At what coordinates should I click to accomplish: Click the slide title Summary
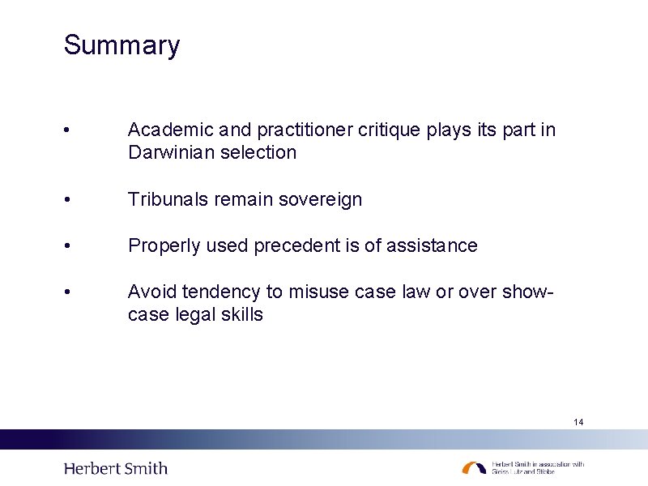[x=122, y=45]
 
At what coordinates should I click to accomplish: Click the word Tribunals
[x=168, y=199]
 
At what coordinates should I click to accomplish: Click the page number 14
[x=578, y=422]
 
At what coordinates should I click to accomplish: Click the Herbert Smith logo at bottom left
[x=115, y=468]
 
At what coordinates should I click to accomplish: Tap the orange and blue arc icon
[x=475, y=468]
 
